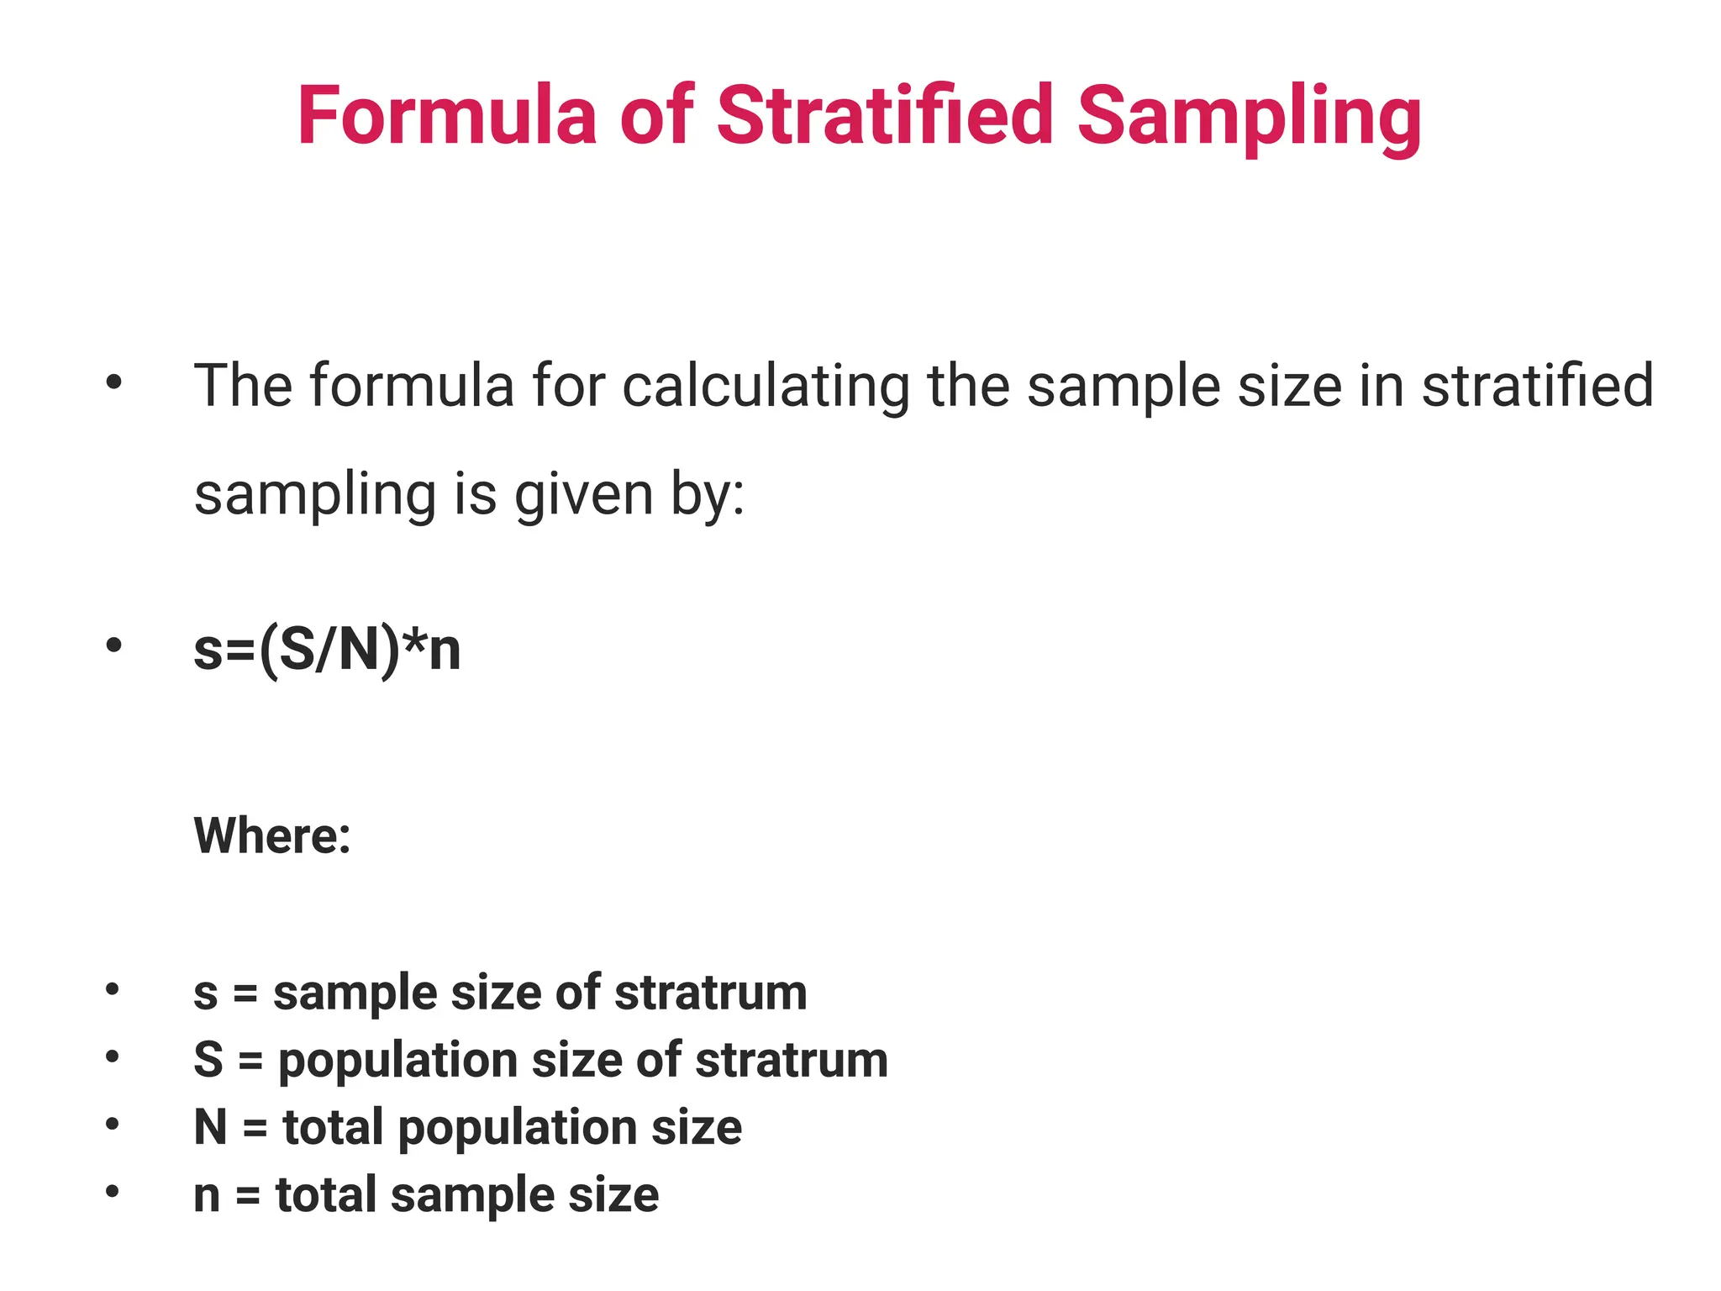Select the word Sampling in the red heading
1249,118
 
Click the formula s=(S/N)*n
327,650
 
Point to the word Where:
272,835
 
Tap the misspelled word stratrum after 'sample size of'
711,993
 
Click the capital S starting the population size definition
208,1060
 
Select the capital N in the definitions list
210,1127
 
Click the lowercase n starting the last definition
207,1196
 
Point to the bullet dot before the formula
113,645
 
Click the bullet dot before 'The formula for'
113,383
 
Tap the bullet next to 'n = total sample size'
113,1191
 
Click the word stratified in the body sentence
1537,386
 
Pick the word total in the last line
326,1195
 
